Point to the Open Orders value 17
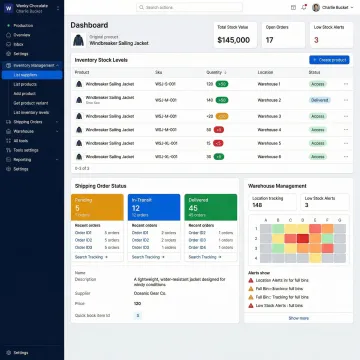(269, 40)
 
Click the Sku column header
(159, 72)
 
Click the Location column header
(265, 72)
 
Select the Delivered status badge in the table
(319, 100)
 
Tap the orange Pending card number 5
(79, 206)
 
